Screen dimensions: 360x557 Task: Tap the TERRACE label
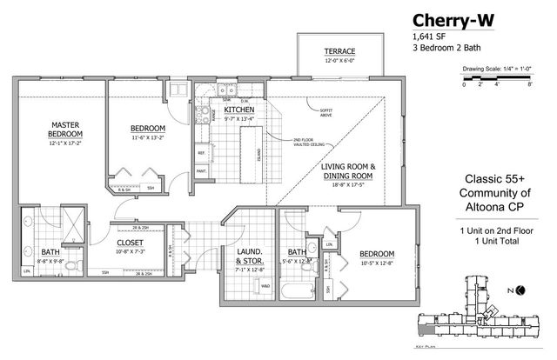point(340,51)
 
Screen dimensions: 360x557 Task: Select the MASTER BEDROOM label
point(65,130)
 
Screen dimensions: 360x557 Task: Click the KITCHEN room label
point(238,110)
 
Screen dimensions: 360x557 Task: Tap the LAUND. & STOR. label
point(249,258)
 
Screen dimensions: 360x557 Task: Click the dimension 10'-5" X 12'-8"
point(377,263)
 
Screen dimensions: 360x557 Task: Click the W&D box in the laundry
point(265,286)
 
